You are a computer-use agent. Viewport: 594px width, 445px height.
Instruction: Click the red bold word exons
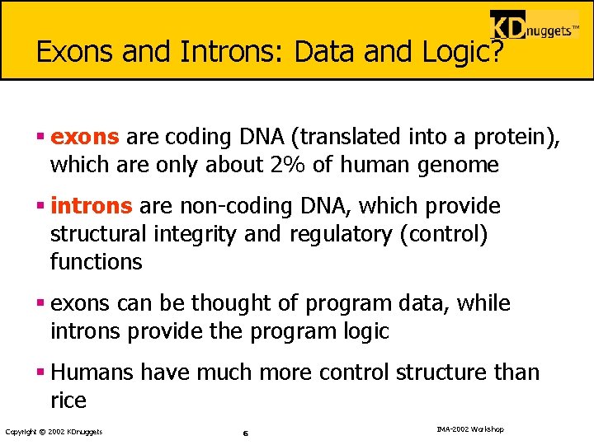[85, 137]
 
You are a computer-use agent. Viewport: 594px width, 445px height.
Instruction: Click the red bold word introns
[91, 206]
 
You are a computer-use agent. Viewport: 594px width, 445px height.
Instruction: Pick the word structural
[101, 235]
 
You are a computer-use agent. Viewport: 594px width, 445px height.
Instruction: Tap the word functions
[96, 263]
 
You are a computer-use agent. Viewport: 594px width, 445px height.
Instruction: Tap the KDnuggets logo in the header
[534, 28]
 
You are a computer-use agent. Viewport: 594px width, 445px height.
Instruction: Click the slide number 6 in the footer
[246, 433]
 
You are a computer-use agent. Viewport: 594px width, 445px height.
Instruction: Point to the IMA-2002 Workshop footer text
[469, 429]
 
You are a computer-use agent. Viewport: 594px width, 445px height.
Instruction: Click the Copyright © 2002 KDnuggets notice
[54, 432]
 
